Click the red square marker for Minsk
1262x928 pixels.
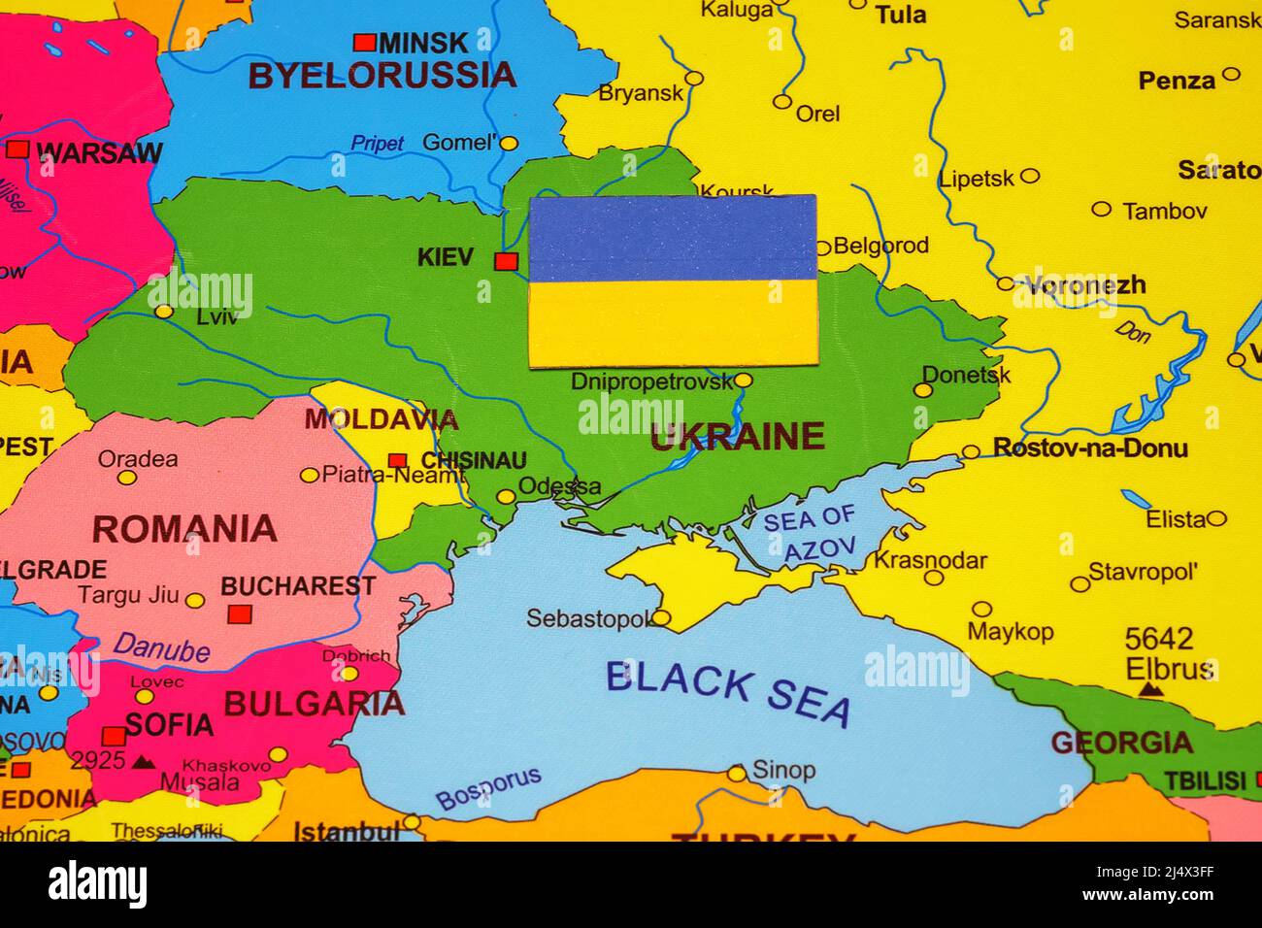tap(364, 43)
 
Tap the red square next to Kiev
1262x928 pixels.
tap(505, 260)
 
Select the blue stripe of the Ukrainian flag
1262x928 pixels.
tap(672, 238)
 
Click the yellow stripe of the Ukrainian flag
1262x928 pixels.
tap(672, 323)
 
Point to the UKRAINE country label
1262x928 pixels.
tap(737, 438)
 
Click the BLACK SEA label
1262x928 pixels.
tap(728, 692)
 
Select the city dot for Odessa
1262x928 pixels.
tap(505, 497)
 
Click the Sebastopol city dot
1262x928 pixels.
tap(660, 617)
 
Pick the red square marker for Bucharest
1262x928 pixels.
tap(239, 613)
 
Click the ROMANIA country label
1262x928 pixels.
tap(184, 530)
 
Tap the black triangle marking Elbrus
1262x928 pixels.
tap(1150, 689)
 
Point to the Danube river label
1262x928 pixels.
tap(161, 647)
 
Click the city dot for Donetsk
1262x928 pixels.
tap(922, 390)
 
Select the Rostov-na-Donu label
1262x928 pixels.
tap(1089, 448)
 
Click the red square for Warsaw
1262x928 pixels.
tap(17, 149)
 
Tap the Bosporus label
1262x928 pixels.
tap(487, 788)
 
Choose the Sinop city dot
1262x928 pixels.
tap(737, 774)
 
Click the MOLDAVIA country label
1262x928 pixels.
tap(381, 419)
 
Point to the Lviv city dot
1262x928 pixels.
tap(164, 312)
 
